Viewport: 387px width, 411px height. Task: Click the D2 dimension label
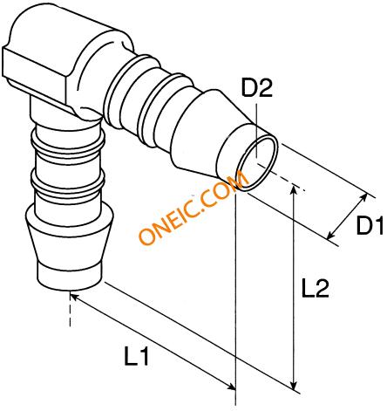click(257, 88)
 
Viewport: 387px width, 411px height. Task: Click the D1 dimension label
click(371, 225)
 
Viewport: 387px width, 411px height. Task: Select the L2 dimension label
click(316, 288)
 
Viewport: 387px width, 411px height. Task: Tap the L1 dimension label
click(137, 355)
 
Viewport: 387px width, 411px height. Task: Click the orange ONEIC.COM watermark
click(193, 208)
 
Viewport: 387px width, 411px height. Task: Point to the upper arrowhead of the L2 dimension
click(295, 189)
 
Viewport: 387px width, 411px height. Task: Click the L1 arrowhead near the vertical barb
click(74, 297)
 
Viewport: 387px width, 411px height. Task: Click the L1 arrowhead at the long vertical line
click(232, 387)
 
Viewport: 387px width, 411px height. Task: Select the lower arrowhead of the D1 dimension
click(330, 236)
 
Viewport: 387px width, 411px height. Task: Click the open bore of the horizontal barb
click(257, 164)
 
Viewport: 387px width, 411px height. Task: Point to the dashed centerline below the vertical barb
click(70, 311)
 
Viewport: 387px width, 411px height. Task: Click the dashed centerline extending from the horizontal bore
click(282, 177)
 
